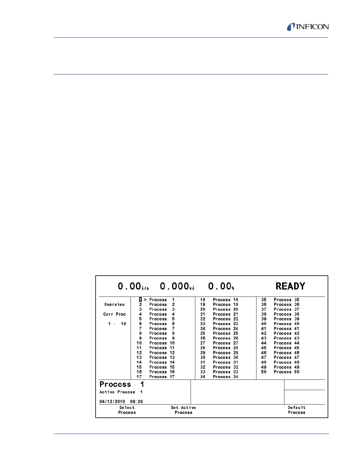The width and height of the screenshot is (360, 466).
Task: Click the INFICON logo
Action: click(x=308, y=27)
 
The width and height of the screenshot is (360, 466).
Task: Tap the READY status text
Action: click(x=290, y=286)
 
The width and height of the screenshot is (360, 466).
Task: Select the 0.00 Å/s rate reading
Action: click(x=133, y=286)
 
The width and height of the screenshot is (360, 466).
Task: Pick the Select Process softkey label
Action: click(x=127, y=410)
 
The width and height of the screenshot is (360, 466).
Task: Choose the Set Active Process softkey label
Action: click(x=183, y=410)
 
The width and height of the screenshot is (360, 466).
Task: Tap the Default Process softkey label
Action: click(x=296, y=410)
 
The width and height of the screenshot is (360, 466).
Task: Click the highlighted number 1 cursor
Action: click(x=141, y=300)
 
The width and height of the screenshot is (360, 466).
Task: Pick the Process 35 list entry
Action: click(x=286, y=300)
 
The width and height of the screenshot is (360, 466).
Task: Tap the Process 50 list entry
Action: click(x=286, y=372)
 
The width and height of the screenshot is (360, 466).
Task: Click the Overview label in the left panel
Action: click(x=114, y=304)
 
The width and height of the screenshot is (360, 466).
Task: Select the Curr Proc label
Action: click(x=114, y=314)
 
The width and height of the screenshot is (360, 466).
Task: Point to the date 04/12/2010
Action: click(x=112, y=402)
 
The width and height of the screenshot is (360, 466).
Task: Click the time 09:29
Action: click(x=136, y=402)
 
